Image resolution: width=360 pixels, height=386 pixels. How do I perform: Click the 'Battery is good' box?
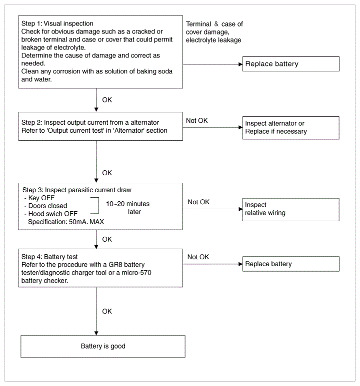tap(103, 346)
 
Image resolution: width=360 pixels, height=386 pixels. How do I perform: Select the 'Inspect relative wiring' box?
tap(290, 209)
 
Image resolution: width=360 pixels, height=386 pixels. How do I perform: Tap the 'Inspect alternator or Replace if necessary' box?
tap(290, 128)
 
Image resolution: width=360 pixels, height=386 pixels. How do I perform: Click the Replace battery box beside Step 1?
tap(290, 64)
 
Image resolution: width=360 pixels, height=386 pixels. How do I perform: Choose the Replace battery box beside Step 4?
tap(290, 264)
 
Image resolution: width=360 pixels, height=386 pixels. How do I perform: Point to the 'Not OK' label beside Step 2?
tap(197, 121)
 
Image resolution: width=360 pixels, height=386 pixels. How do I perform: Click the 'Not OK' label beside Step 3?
tap(198, 202)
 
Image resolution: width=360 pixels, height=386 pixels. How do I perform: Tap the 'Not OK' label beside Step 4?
tap(198, 257)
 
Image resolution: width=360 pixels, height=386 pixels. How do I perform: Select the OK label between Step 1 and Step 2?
tap(107, 100)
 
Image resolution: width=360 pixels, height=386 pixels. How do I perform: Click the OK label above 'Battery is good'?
tap(107, 312)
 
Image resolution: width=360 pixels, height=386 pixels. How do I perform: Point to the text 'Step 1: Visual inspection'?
tap(57, 23)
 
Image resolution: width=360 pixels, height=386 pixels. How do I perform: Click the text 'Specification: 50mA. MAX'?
tap(66, 222)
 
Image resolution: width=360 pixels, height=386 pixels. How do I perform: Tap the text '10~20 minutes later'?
tap(127, 208)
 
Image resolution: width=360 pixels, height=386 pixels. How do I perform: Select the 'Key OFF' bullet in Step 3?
tap(39, 198)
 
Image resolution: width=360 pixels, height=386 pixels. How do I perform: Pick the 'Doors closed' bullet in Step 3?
tap(45, 206)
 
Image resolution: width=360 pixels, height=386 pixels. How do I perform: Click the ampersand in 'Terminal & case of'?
tap(216, 24)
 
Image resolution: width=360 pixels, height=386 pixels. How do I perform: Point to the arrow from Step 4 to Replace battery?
tap(212, 264)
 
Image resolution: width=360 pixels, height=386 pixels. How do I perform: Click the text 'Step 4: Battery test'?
tap(49, 257)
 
